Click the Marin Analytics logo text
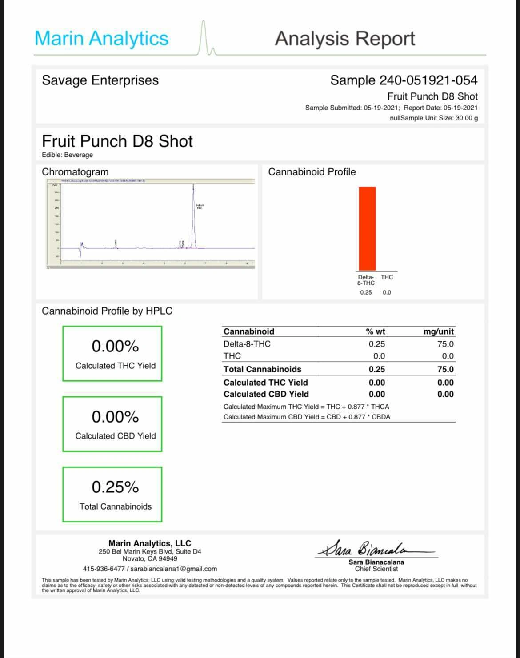point(101,38)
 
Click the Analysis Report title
point(345,39)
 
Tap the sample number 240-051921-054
point(428,80)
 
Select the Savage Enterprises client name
point(100,80)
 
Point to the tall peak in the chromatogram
point(193,213)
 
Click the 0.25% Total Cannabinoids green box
point(112,494)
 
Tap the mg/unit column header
point(438,331)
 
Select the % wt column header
point(376,331)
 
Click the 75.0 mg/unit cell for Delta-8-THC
point(445,344)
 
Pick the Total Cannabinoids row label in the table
point(262,369)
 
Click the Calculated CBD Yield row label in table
point(266,394)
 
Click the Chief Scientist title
point(376,569)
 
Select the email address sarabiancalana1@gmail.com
point(174,569)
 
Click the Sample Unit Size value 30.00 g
point(467,118)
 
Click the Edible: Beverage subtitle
point(67,155)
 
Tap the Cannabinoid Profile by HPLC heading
point(107,311)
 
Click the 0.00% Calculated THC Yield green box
point(112,354)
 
